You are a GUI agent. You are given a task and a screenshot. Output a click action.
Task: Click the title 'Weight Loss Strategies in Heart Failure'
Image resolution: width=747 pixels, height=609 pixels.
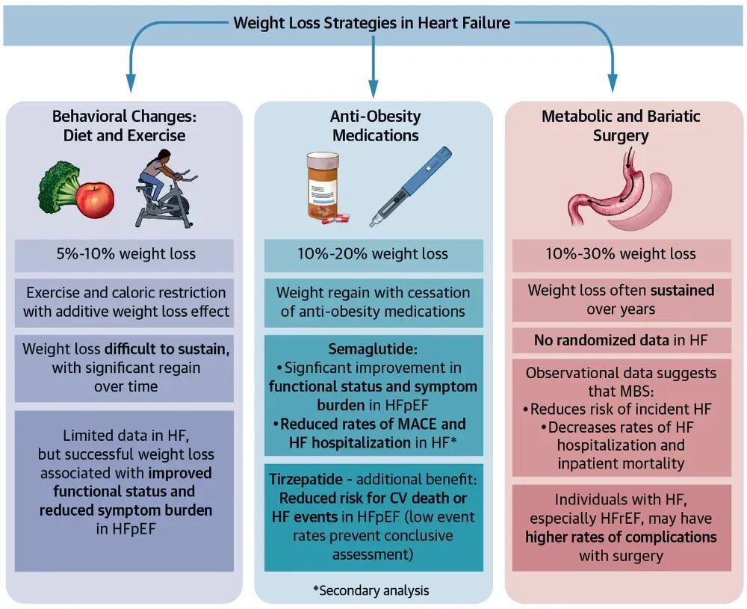pyautogui.click(x=372, y=22)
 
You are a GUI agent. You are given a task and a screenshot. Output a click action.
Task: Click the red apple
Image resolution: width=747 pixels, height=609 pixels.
pyautogui.click(x=95, y=199)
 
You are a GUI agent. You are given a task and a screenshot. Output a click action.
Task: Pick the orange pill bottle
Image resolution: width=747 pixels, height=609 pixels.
pyautogui.click(x=326, y=188)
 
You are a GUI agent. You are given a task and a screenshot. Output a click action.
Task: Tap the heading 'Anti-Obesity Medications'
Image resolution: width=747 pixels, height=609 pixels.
pyautogui.click(x=375, y=126)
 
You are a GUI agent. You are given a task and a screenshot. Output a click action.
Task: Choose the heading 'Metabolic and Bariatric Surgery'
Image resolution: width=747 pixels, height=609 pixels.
pyautogui.click(x=621, y=126)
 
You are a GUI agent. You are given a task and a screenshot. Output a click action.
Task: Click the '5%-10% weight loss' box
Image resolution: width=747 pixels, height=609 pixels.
pyautogui.click(x=124, y=254)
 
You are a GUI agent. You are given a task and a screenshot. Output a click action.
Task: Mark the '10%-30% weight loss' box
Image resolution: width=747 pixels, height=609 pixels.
pyautogui.click(x=621, y=254)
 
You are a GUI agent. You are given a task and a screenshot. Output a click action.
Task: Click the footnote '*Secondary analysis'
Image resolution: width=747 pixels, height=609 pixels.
pyautogui.click(x=371, y=590)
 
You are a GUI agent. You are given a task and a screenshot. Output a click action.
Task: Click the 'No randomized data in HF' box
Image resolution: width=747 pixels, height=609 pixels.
pyautogui.click(x=621, y=341)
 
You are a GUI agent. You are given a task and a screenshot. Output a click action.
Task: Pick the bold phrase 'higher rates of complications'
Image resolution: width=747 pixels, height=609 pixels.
pyautogui.click(x=621, y=537)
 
